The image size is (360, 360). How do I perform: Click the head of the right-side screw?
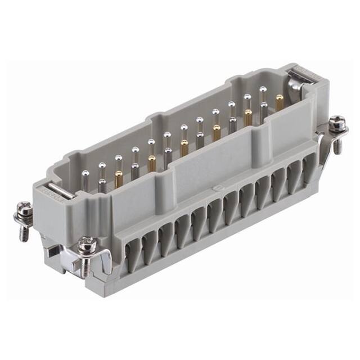point(337,121)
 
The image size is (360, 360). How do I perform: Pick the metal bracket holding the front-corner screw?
point(98,264)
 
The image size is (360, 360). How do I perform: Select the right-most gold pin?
point(279,102)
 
